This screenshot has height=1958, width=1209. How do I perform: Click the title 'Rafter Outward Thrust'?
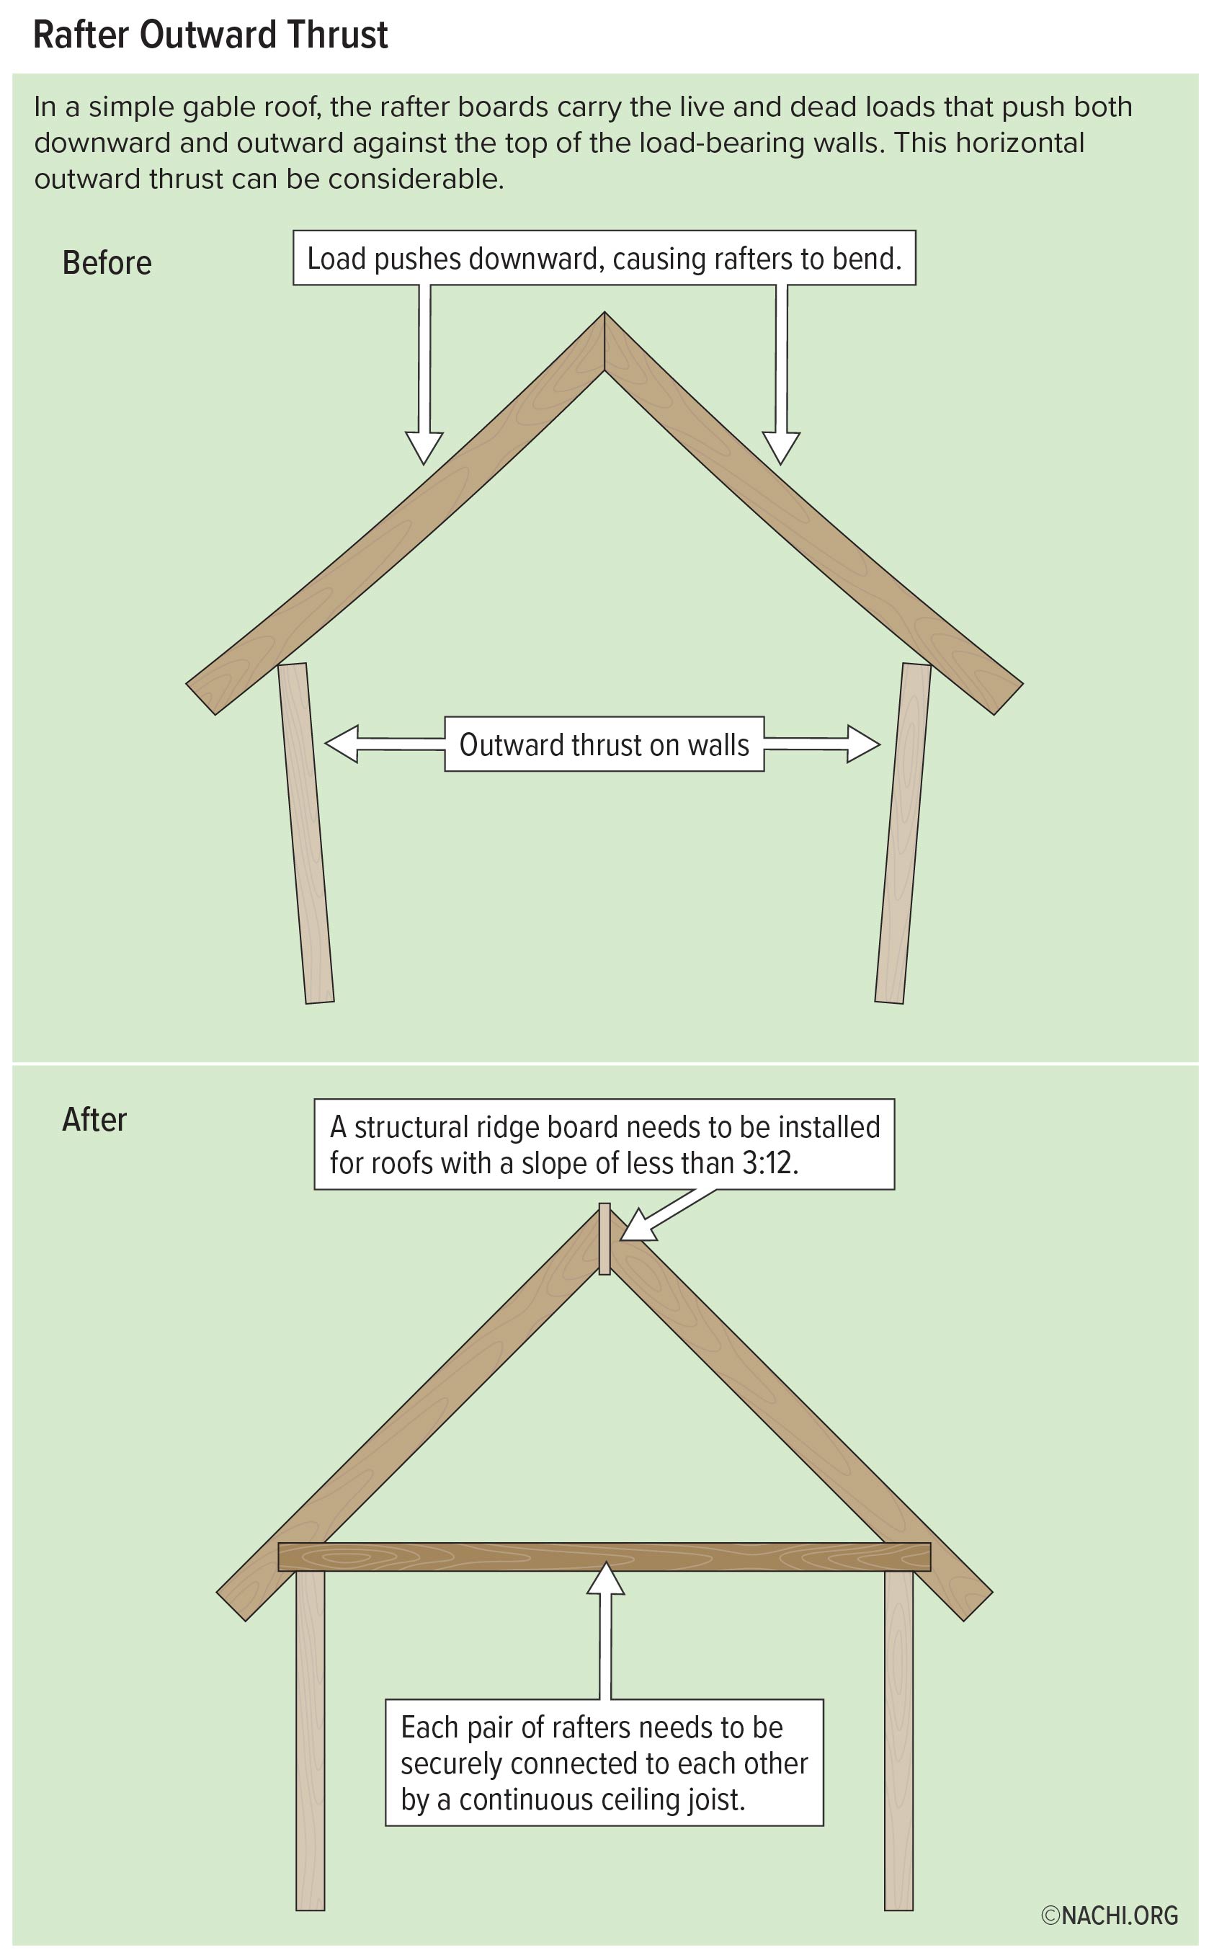tap(210, 35)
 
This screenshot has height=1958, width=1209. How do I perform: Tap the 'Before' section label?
tap(107, 263)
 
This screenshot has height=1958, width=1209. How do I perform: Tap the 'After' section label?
tap(94, 1120)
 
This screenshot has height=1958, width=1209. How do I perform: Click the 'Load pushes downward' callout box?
tap(604, 258)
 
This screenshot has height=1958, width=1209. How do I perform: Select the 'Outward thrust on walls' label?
tap(604, 744)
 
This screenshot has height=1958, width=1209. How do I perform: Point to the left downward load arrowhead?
tap(424, 448)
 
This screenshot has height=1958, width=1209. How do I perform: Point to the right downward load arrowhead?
tap(781, 448)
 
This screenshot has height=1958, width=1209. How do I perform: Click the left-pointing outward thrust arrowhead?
tap(342, 744)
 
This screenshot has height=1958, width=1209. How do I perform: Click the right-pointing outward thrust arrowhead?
tap(864, 744)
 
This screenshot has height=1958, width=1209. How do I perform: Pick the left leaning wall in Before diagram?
tap(305, 832)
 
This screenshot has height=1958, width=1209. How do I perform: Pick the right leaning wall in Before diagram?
tap(904, 832)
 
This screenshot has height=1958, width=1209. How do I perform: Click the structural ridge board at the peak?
tap(604, 1239)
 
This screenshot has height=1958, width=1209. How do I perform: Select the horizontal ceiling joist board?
tap(604, 1557)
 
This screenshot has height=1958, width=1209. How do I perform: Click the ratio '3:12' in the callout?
tap(769, 1163)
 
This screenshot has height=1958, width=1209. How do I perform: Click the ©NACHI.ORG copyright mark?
tap(1110, 1915)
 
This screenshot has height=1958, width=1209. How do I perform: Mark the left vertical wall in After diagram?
tap(311, 1740)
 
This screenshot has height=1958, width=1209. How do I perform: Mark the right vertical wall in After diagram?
tap(898, 1740)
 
